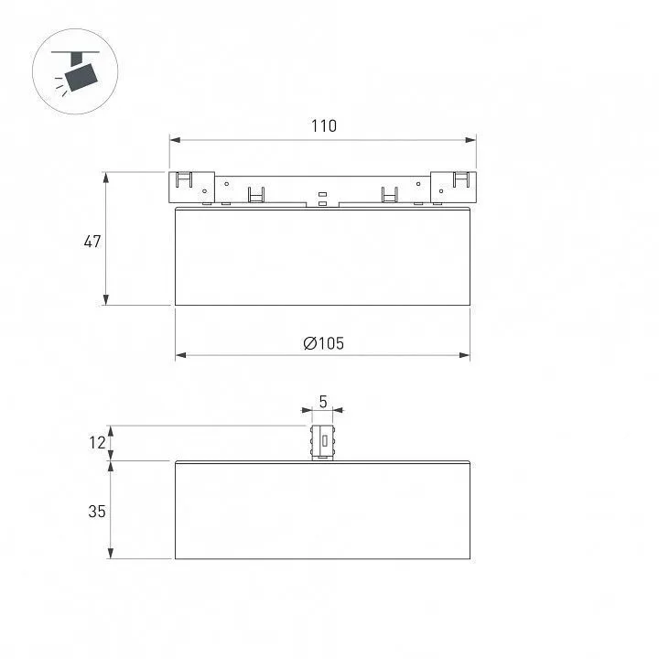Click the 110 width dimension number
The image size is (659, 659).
(x=324, y=126)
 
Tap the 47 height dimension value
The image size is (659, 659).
(x=92, y=242)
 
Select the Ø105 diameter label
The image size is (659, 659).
(x=323, y=343)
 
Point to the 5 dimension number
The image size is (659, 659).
(x=323, y=402)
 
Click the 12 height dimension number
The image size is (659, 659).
(x=97, y=443)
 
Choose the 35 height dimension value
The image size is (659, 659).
(x=97, y=512)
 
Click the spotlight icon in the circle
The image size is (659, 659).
(x=76, y=71)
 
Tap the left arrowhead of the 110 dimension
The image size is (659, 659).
(x=175, y=140)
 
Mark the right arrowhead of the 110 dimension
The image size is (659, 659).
(x=470, y=140)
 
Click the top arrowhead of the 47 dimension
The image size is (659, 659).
(x=106, y=178)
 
